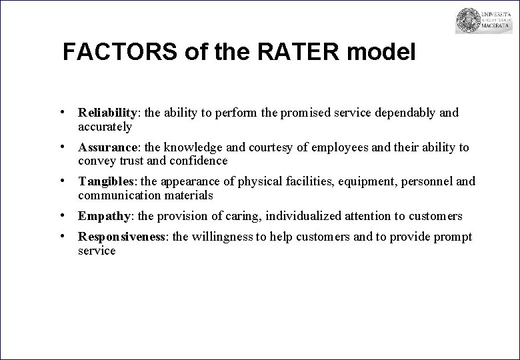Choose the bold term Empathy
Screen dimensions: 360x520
pos(103,216)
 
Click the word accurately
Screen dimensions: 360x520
pos(105,126)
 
